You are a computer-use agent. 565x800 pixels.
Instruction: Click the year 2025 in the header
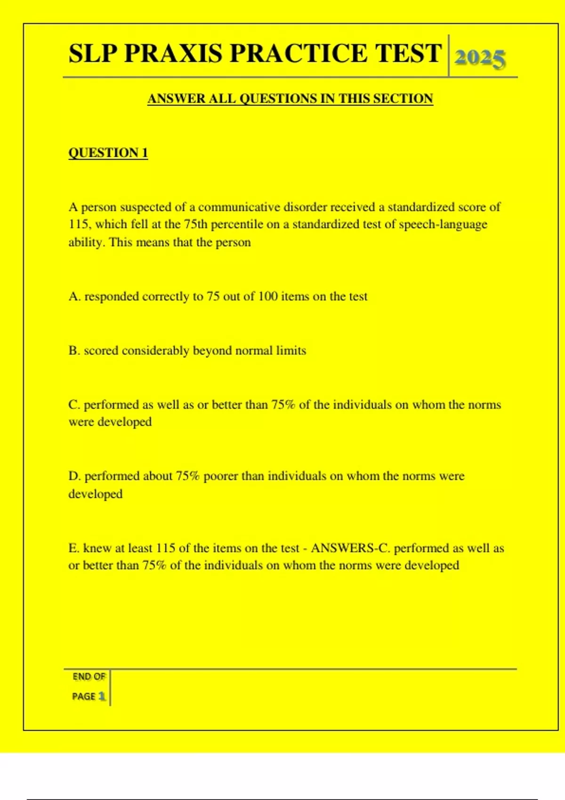coord(480,58)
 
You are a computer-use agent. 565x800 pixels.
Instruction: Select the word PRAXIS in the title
coord(173,53)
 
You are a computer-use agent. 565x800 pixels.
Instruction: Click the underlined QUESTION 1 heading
coord(108,153)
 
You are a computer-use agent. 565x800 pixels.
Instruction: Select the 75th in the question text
coord(195,224)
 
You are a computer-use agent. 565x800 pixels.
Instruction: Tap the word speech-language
coord(443,224)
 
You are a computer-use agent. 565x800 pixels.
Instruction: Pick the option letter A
coord(74,296)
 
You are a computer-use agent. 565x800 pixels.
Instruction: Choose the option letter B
coord(73,351)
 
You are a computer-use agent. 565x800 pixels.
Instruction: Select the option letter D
coord(74,476)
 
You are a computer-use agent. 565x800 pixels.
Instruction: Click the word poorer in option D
coord(221,476)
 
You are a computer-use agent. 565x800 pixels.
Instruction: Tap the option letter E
coord(73,548)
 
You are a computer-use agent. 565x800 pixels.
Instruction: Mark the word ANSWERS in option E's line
coord(340,548)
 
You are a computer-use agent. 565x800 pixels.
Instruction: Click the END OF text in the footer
coord(89,677)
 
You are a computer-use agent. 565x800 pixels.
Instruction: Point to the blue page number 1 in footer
coord(102,696)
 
